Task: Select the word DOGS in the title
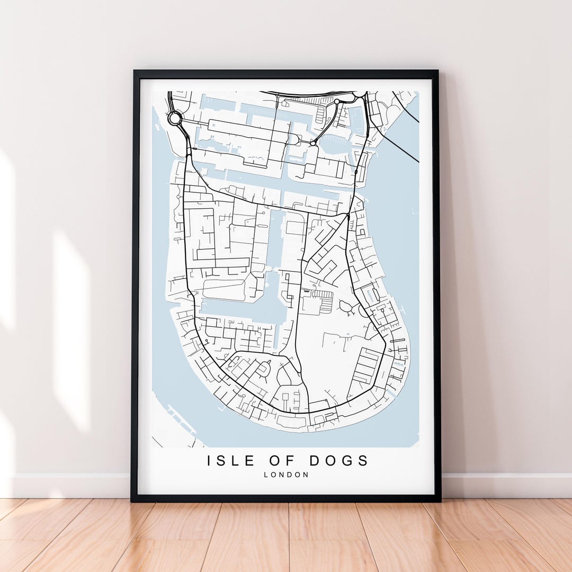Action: coord(339,461)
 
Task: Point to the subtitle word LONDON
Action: coord(286,475)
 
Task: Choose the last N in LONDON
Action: coord(306,475)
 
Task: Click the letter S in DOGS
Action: coord(363,461)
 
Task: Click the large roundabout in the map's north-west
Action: coord(175,119)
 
